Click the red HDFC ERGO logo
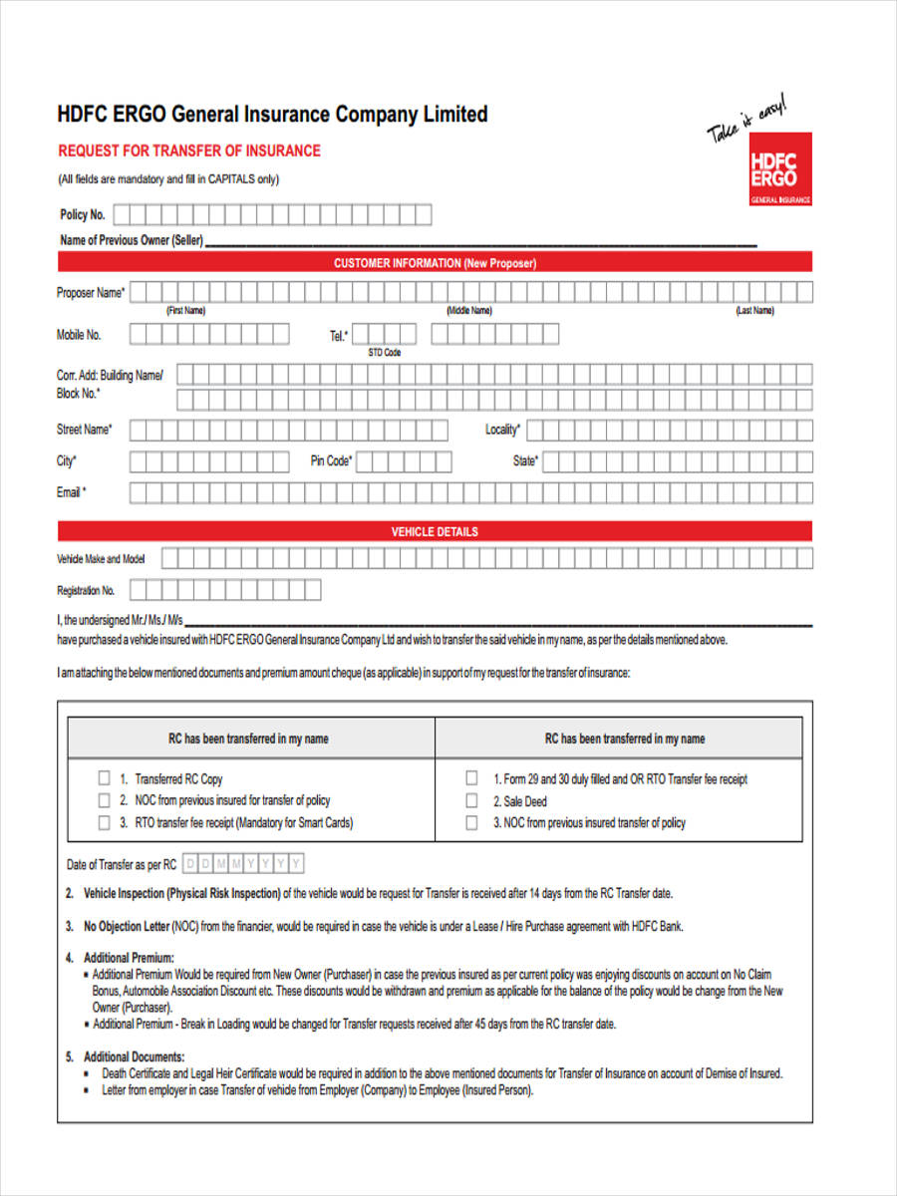pos(779,168)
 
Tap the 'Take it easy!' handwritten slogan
pos(747,119)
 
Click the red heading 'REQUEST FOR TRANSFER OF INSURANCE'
pos(189,150)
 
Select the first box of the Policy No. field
pos(123,214)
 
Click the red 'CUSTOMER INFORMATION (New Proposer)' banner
pos(435,263)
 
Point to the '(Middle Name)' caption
pos(468,310)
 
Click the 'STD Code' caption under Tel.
pos(384,353)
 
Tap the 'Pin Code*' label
pos(331,461)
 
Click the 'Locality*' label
pos(502,430)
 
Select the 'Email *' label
pos(71,492)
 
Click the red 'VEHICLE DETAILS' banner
pos(435,531)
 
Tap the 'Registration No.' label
pos(86,590)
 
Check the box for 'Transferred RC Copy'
pos(104,777)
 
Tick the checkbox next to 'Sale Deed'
pos(471,800)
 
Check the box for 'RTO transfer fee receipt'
pos(104,823)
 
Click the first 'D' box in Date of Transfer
pos(191,863)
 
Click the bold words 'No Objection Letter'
pos(127,926)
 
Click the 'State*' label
pos(525,461)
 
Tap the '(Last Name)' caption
pos(754,310)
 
